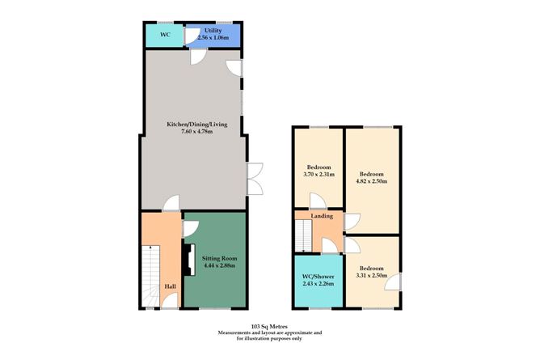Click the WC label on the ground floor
[165, 35]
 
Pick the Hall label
[171, 286]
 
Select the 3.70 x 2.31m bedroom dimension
[318, 175]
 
